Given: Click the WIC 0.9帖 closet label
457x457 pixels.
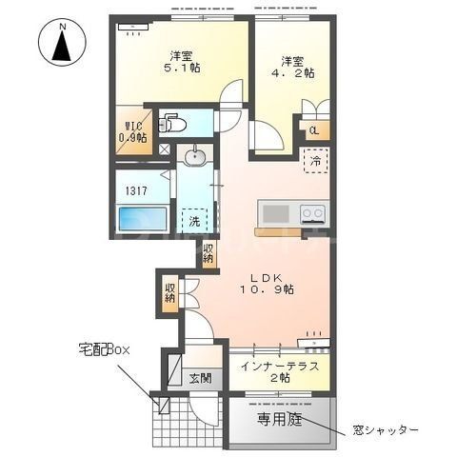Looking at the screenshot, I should (132, 129).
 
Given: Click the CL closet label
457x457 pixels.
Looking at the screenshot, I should (312, 129).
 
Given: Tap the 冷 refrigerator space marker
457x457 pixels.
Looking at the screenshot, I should (313, 162).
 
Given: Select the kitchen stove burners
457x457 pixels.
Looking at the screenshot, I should (312, 212).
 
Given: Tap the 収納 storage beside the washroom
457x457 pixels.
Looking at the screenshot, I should (209, 253).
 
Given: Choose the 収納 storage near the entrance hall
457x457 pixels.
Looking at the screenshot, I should (169, 293).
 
